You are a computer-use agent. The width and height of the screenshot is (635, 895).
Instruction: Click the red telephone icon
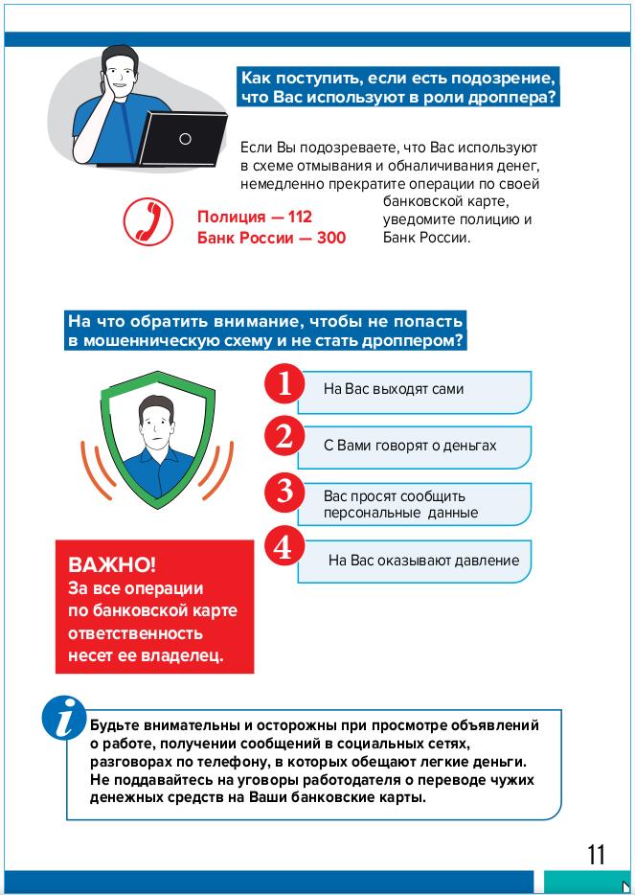click(x=147, y=222)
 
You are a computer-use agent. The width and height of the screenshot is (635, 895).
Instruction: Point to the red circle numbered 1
click(x=283, y=384)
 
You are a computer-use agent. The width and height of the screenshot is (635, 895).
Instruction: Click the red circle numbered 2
click(x=283, y=437)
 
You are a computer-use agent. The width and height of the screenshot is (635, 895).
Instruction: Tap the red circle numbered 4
click(x=283, y=547)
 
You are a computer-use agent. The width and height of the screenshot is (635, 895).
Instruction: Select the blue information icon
click(x=64, y=719)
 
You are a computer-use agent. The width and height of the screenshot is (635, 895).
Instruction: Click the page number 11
click(x=596, y=854)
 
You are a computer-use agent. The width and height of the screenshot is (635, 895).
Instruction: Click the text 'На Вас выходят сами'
click(x=394, y=389)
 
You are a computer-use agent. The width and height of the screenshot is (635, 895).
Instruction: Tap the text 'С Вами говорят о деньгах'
click(x=410, y=446)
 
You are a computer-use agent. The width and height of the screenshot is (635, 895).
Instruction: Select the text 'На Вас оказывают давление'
click(x=423, y=561)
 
